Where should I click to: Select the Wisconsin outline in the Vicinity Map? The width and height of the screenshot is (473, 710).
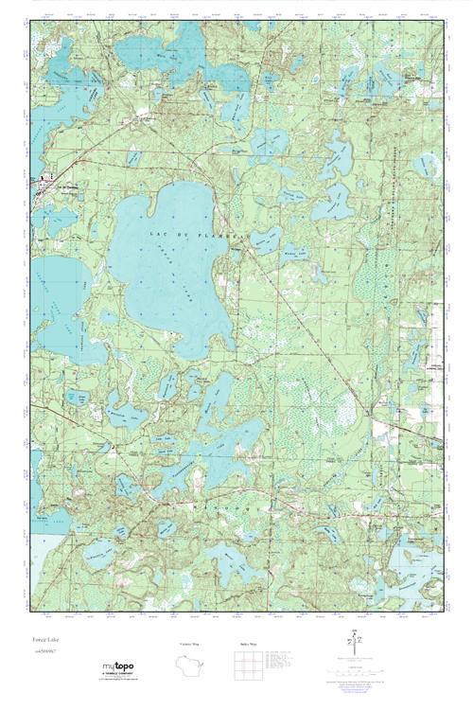point(192,665)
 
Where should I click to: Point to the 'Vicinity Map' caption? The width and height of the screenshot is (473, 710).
point(191,644)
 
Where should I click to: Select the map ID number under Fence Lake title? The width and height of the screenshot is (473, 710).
point(44,652)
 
